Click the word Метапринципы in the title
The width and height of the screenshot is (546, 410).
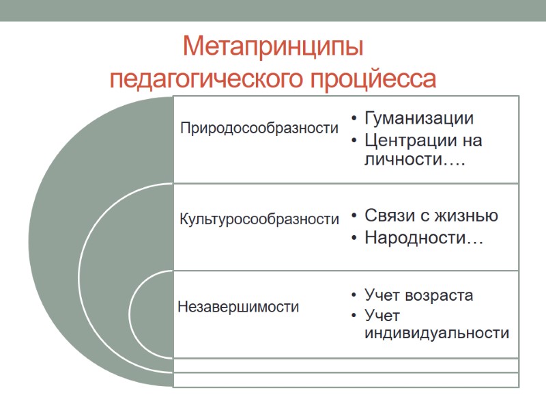coord(273,49)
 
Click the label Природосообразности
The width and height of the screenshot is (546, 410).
coord(259,128)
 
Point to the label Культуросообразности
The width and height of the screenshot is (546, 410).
coord(259,219)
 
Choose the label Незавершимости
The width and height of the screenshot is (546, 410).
coord(238,307)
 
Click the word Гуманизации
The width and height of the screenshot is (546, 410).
coord(419,118)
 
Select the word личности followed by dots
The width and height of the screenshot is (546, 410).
coord(409,160)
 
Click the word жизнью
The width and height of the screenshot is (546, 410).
coord(468,216)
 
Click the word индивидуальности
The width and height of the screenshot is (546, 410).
coord(437,333)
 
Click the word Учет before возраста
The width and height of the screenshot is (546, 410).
coord(382,296)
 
